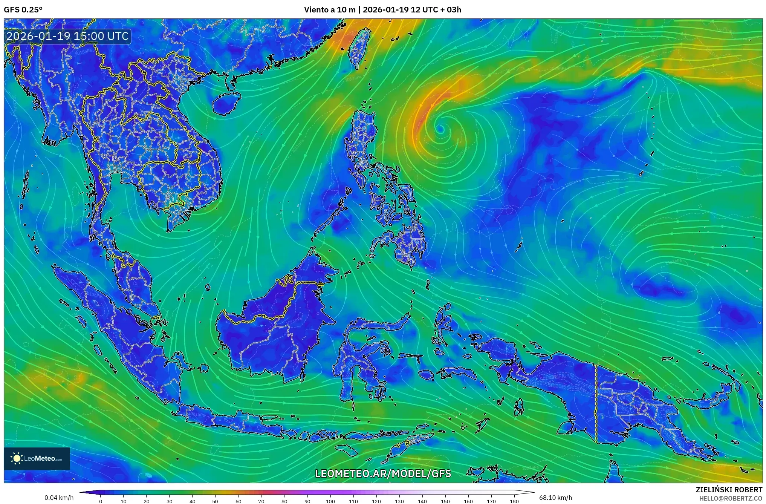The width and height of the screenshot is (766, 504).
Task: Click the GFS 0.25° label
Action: [23, 10]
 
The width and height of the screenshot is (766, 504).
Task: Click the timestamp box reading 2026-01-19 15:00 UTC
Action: [68, 36]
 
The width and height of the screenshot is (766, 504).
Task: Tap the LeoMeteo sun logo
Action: [17, 458]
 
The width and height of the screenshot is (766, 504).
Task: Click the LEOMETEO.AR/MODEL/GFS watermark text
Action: [383, 473]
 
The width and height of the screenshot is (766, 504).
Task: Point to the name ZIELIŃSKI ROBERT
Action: [729, 490]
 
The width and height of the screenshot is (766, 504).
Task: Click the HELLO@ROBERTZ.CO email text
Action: [731, 498]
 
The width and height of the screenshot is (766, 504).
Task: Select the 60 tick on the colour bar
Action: [238, 501]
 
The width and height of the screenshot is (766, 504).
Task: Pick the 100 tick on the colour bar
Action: [330, 501]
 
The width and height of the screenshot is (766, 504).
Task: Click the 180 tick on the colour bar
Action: [514, 501]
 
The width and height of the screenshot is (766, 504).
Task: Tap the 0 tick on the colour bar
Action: [100, 501]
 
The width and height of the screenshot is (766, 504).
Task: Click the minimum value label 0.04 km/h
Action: [59, 498]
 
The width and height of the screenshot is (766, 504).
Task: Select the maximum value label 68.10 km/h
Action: [555, 498]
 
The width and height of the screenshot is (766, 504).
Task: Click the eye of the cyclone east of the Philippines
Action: [440, 129]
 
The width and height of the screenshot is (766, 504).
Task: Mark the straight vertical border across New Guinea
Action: [596, 403]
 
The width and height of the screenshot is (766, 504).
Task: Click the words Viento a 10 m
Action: [329, 10]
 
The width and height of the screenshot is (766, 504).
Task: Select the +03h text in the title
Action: [452, 10]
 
